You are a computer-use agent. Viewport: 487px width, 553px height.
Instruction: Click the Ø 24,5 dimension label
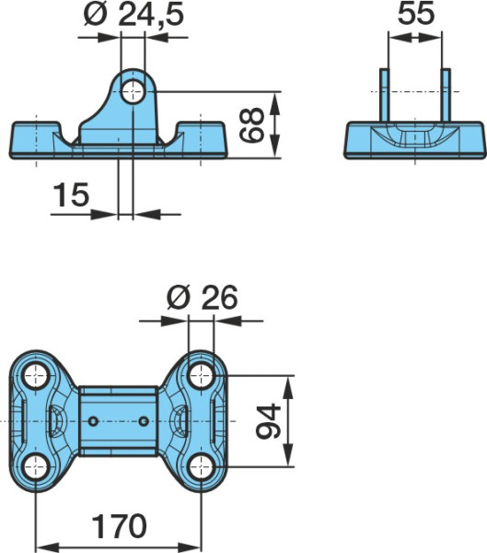[133, 15]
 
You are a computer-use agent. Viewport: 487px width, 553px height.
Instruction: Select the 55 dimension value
[416, 14]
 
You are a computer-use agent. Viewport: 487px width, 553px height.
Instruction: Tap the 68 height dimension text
[251, 124]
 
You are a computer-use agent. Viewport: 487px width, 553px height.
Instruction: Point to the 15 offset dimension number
[71, 194]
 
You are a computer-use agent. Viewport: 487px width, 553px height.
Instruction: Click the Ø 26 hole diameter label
[203, 298]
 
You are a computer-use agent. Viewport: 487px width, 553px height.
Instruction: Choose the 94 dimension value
[269, 421]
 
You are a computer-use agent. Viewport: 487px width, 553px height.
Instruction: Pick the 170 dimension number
[119, 526]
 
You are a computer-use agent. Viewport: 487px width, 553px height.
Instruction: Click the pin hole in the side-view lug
[133, 91]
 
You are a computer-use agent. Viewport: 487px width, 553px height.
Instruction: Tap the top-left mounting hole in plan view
[35, 376]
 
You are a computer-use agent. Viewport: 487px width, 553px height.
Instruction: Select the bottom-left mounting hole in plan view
[35, 467]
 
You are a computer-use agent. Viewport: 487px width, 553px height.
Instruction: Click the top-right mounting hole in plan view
[201, 376]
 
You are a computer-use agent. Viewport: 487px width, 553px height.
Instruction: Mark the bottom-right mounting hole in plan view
[201, 467]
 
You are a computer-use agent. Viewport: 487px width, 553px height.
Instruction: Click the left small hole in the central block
[93, 421]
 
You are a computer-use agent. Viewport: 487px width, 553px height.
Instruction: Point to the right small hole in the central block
[144, 421]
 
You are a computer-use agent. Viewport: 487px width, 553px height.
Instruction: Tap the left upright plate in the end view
[385, 95]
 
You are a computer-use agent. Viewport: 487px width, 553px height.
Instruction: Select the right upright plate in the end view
[446, 95]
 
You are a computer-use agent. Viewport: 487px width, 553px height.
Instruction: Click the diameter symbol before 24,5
[95, 16]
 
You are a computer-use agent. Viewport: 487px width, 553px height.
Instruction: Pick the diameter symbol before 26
[179, 298]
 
